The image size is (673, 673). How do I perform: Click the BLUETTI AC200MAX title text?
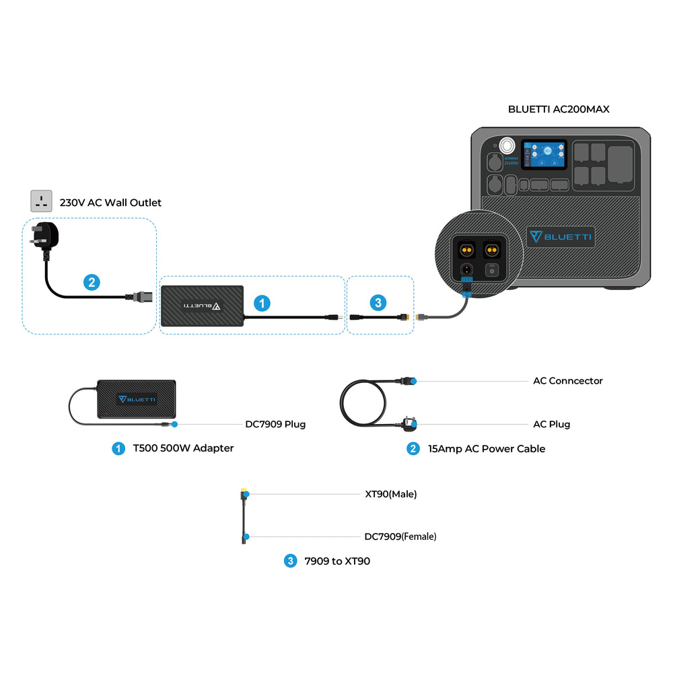point(559,109)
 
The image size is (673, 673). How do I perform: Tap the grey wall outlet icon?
point(41,201)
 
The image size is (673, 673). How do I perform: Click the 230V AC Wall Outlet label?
point(110,203)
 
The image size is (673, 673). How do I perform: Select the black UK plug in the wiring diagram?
point(44,240)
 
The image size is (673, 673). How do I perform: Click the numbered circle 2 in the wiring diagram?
point(92,283)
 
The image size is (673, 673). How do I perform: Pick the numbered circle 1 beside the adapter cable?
point(262,304)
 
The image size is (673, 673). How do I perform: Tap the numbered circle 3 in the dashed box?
point(378,304)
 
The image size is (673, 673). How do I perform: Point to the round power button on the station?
point(505,145)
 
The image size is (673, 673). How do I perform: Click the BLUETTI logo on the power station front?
point(561,237)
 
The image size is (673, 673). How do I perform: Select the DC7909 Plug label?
point(275,425)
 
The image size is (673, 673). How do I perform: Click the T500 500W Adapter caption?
point(183,448)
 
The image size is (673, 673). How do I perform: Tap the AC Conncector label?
point(567,381)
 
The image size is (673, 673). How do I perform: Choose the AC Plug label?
point(551,425)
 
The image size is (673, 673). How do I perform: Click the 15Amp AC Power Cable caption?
point(487,449)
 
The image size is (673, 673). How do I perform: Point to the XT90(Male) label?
point(390,494)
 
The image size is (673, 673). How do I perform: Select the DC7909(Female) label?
point(400,537)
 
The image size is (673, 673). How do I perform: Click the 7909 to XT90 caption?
point(337,561)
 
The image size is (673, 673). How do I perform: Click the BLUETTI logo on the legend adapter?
point(137,399)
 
